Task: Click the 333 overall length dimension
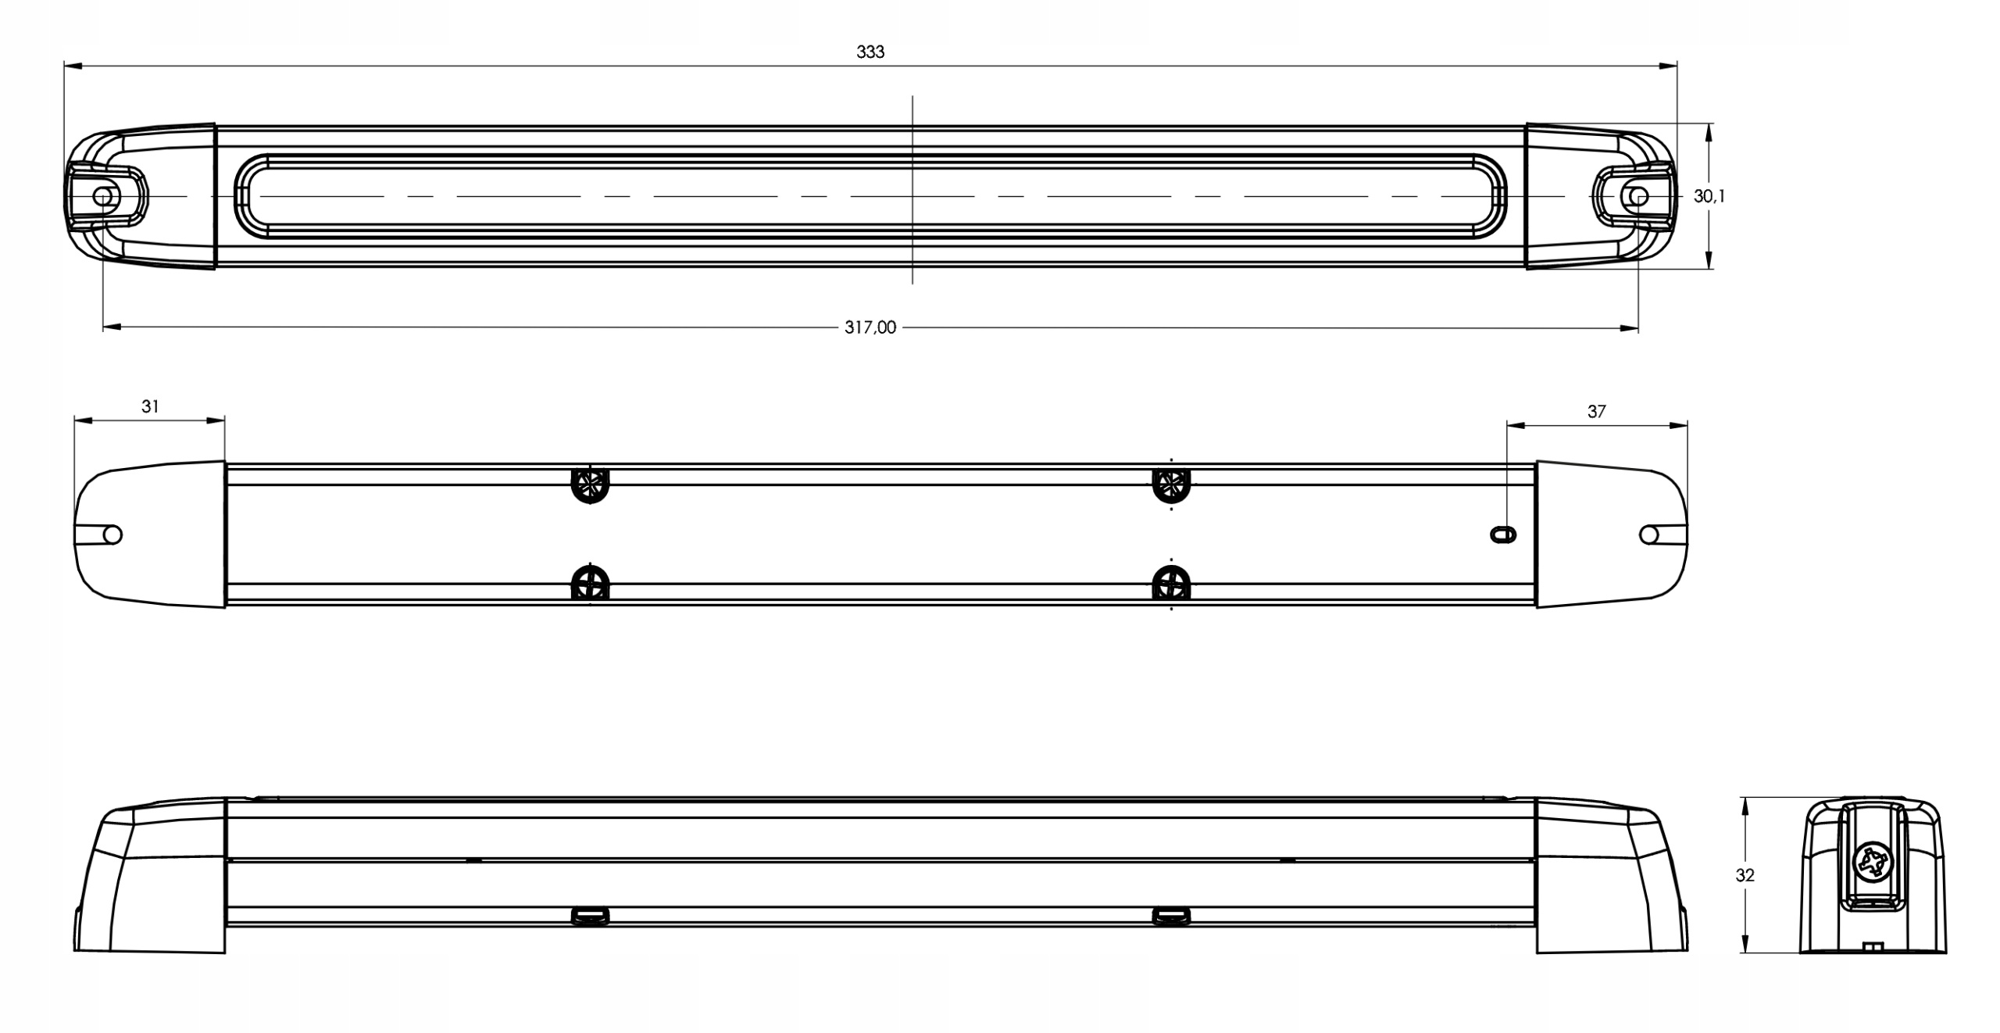click(870, 52)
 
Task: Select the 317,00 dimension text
click(870, 328)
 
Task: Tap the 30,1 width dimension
click(1709, 197)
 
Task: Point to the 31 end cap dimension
click(150, 406)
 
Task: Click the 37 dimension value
click(1596, 411)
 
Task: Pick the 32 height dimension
click(1745, 876)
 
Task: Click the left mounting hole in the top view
click(103, 195)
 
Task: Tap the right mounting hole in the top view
click(1638, 195)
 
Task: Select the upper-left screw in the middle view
click(590, 485)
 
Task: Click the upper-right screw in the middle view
click(1171, 485)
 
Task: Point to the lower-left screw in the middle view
click(590, 583)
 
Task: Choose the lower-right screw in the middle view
click(1171, 583)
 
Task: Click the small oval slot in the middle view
click(1503, 534)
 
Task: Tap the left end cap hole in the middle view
click(112, 534)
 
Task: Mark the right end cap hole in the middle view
click(1649, 534)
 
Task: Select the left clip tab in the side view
click(590, 916)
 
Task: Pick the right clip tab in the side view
click(1171, 916)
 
